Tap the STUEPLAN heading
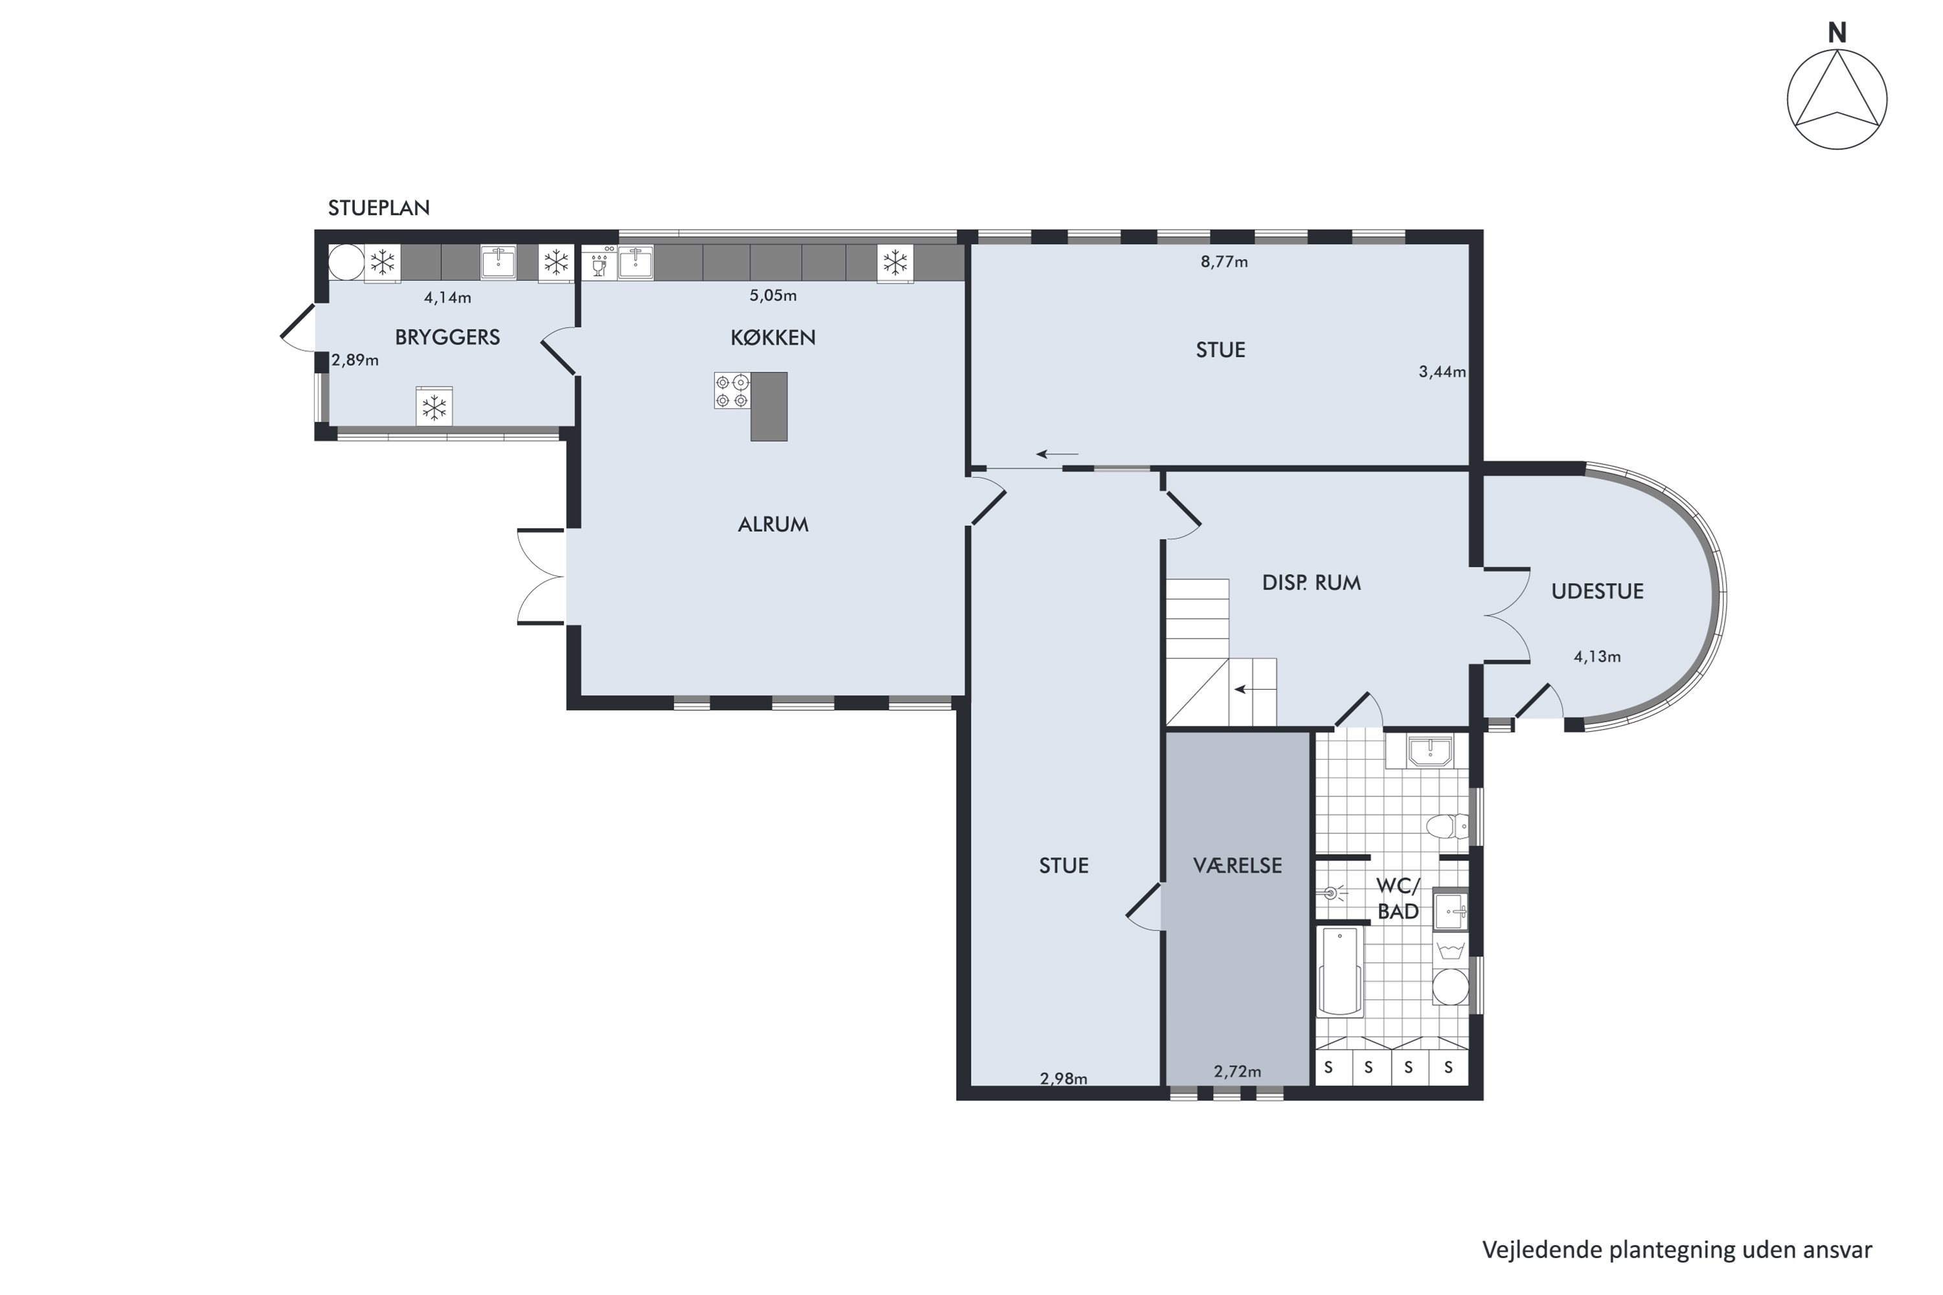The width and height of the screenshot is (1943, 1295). [378, 208]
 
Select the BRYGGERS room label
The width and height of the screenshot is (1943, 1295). [447, 337]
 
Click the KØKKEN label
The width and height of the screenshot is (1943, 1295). [773, 337]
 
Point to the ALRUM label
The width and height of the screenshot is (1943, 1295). [773, 524]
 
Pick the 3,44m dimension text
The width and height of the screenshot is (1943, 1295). [1442, 372]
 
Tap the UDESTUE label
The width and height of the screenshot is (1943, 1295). [1597, 591]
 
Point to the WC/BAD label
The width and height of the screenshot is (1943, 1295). [1398, 899]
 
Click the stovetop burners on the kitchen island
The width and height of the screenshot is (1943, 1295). [732, 390]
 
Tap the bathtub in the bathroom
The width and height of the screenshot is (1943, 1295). [1340, 971]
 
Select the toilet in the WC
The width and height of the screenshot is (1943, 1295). [1448, 826]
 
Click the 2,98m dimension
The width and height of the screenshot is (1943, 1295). [1063, 1079]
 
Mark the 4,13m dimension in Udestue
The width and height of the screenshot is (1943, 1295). [1597, 657]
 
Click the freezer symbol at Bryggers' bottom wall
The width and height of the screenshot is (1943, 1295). [434, 407]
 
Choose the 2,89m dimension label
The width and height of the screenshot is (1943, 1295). [355, 361]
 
